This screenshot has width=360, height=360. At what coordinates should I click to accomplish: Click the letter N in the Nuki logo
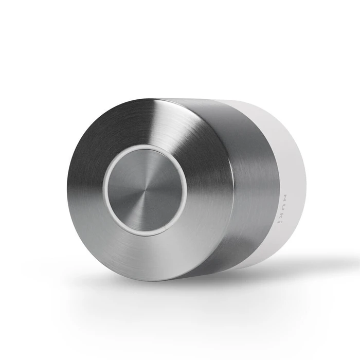(286, 197)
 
